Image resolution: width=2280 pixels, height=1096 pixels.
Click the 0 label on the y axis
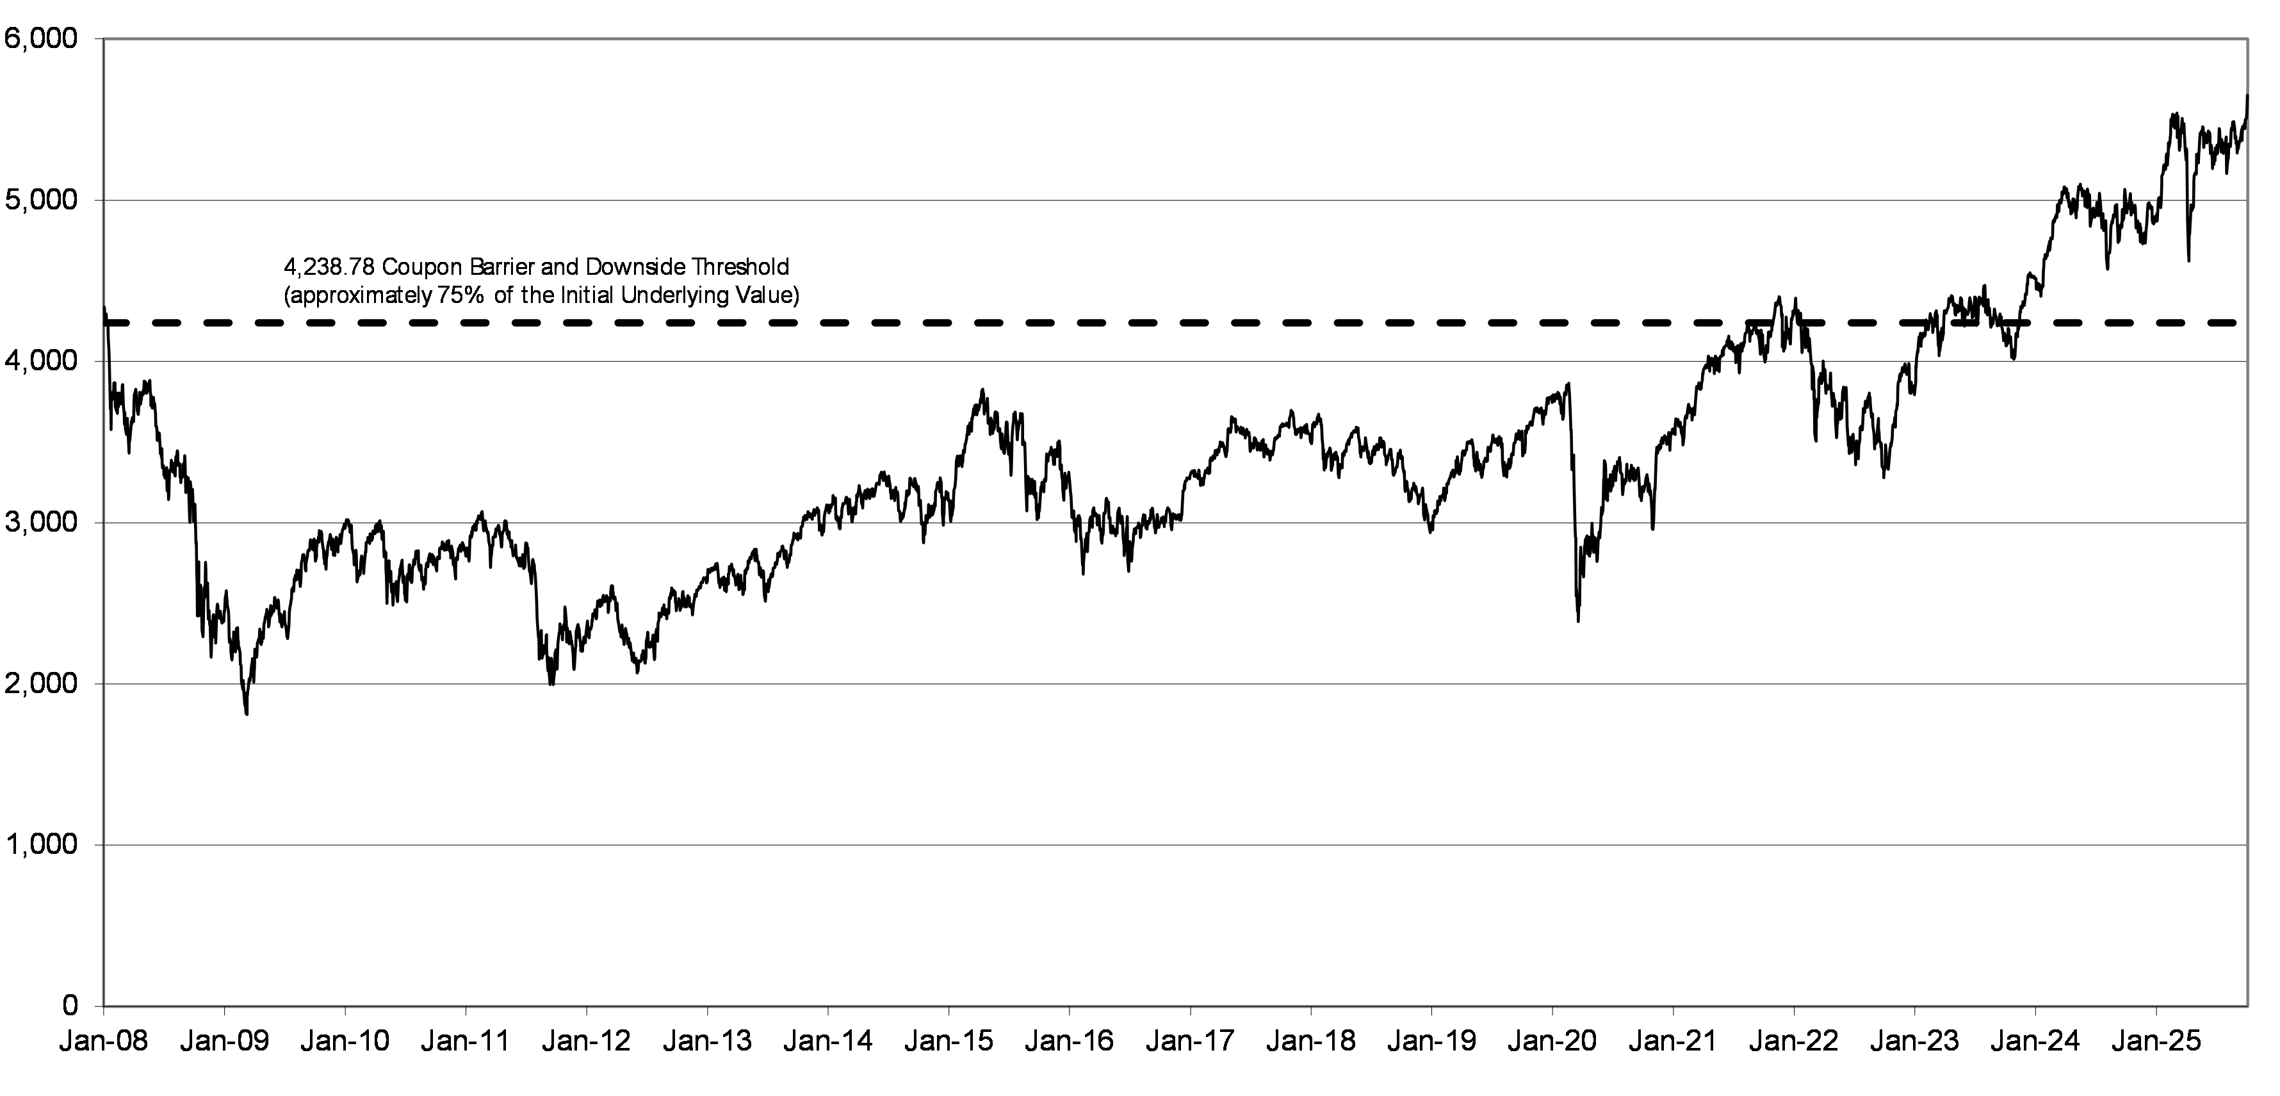[x=71, y=1006]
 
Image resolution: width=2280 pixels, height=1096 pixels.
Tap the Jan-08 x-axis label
[x=104, y=1041]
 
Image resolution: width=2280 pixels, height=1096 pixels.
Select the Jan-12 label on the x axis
[x=586, y=1041]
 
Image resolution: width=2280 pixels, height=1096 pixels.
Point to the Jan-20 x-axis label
[x=1552, y=1041]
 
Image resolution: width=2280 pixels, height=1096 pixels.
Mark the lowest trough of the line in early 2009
[x=246, y=714]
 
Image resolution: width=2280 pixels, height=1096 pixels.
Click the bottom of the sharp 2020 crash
[x=1578, y=621]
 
